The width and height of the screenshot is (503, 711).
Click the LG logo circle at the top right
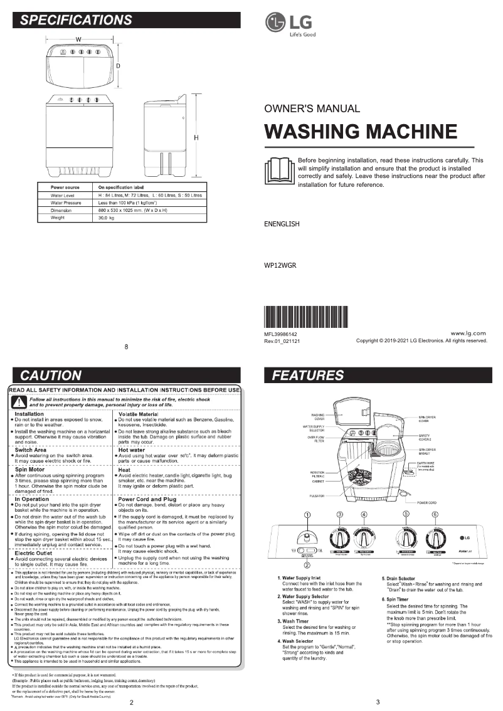coord(275,23)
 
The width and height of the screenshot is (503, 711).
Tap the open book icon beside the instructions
coord(278,170)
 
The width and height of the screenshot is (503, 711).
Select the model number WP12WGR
coord(280,265)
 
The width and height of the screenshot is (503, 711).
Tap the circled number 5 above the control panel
coord(406,514)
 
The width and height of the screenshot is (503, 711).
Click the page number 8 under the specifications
coord(126,347)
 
